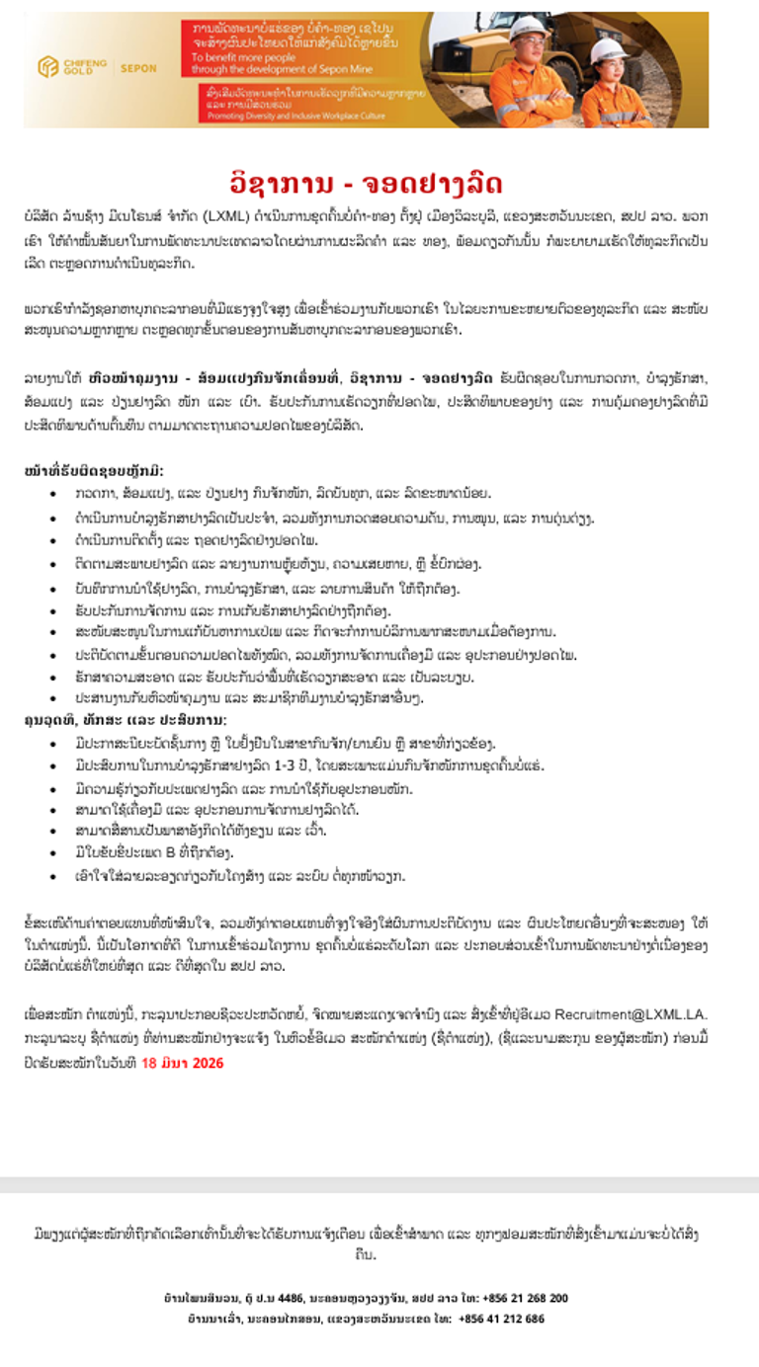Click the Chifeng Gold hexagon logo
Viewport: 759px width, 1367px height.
[46, 67]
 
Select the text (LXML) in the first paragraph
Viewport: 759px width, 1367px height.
[229, 214]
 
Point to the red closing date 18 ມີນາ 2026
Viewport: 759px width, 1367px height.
[182, 1063]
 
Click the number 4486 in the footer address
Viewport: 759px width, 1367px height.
[293, 1298]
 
